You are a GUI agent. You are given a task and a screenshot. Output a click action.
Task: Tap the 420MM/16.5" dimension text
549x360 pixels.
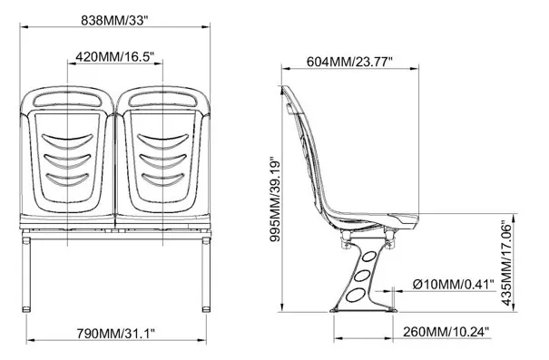(115, 56)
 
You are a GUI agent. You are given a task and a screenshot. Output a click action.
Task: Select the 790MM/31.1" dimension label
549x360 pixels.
(116, 333)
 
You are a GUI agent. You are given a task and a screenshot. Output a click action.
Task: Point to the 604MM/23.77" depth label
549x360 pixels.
(349, 62)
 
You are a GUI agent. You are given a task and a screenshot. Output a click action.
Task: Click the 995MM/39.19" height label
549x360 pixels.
(275, 200)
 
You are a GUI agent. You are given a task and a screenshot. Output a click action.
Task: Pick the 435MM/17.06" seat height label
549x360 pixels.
(506, 263)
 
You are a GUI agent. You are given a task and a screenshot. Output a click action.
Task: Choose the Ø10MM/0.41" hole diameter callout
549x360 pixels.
(454, 285)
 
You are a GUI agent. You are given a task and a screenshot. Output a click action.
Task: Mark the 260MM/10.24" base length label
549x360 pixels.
(446, 331)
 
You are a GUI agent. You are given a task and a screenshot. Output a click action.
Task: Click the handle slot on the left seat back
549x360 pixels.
(68, 101)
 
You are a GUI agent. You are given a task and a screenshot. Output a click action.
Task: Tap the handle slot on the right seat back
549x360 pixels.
(163, 101)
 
